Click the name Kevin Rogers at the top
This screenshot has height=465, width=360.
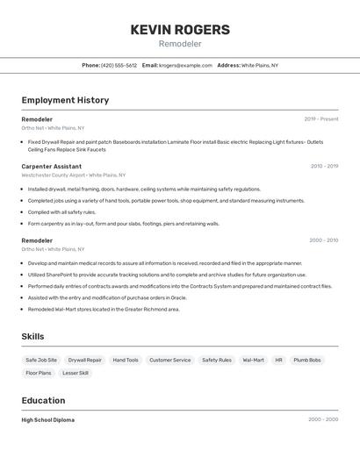pos(180,30)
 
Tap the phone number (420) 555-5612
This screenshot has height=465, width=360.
pos(119,65)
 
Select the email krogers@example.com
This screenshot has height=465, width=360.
pos(185,65)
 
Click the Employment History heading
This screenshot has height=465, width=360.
pos(65,100)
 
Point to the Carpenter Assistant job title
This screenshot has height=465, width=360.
pos(52,166)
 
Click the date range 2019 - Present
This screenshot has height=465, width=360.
pos(320,119)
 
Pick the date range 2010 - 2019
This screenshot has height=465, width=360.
pos(323,166)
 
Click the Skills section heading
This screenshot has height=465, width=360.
pos(32,336)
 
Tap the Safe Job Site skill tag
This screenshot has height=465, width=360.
pos(41,360)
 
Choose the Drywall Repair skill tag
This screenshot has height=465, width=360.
pos(85,360)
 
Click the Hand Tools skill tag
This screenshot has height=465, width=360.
pos(126,360)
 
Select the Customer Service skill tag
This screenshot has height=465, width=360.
pos(169,360)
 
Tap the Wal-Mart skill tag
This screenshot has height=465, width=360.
pos(253,360)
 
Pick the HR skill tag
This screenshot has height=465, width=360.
pos(278,360)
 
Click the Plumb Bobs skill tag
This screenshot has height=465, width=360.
pos(307,360)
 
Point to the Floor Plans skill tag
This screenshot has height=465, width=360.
pos(39,373)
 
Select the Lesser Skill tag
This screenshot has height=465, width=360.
pos(76,373)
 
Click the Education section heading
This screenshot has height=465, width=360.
pos(44,400)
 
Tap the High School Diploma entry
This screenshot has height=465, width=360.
pos(48,420)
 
